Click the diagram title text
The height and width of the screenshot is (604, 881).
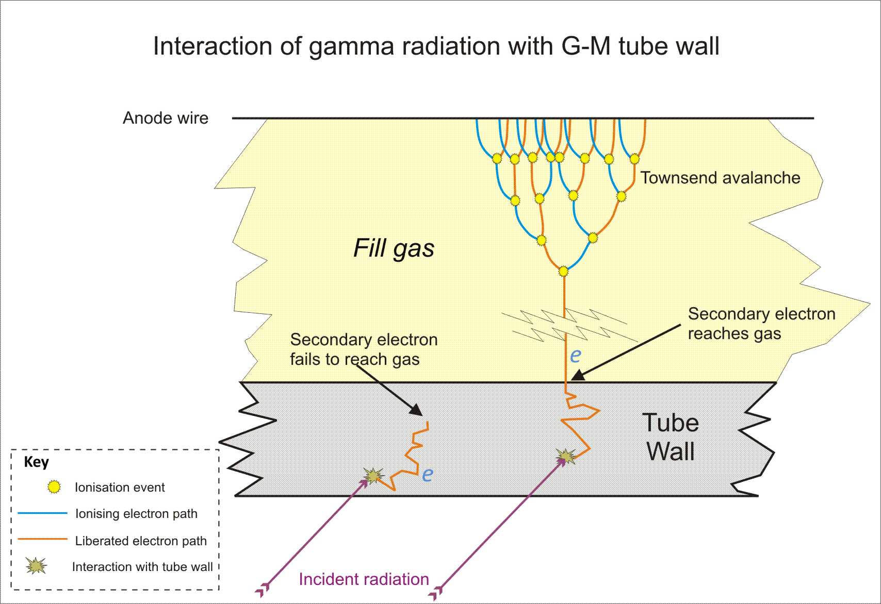436,46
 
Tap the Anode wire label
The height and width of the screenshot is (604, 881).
166,118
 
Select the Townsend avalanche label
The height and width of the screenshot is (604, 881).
720,178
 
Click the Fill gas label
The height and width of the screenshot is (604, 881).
394,248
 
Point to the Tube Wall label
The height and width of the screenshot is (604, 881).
671,437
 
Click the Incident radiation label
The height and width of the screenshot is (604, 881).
364,579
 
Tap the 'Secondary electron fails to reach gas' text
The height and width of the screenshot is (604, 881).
363,349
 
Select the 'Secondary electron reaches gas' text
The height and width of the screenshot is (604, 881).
761,324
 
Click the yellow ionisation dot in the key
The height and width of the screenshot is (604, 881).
54,487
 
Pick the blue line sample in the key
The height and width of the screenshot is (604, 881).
42,513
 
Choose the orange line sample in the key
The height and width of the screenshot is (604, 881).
42,540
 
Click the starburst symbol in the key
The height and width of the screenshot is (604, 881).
36,566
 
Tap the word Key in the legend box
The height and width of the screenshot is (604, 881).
36,462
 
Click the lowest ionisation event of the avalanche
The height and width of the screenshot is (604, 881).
563,271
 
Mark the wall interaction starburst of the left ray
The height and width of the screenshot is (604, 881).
372,476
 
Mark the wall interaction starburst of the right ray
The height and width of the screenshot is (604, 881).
566,456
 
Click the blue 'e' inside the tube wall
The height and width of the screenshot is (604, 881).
428,474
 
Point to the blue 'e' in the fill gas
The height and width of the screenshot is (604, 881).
576,355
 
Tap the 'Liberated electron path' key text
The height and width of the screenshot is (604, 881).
141,541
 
